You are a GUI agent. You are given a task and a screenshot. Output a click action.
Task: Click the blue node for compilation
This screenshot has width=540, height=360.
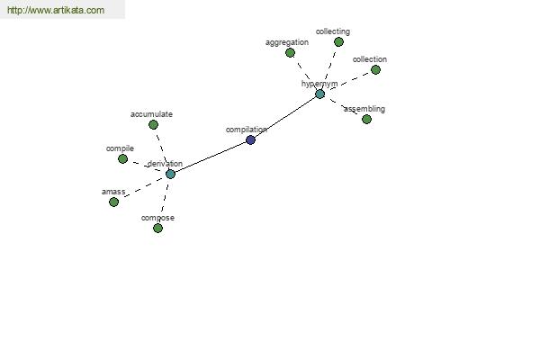251,139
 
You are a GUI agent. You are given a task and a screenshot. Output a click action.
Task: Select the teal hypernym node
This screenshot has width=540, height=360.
319,94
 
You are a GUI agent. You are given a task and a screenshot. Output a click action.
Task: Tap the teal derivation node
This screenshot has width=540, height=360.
170,174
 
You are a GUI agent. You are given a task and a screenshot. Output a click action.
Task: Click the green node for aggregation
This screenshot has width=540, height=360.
291,53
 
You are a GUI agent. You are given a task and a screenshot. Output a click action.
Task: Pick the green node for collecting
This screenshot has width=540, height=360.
339,42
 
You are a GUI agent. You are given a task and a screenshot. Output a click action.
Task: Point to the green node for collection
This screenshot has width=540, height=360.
375,70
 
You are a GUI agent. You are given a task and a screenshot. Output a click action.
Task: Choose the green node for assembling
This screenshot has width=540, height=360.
367,119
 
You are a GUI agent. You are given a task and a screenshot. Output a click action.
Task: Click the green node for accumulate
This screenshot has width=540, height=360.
154,125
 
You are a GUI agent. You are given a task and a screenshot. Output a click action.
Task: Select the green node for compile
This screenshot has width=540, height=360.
123,158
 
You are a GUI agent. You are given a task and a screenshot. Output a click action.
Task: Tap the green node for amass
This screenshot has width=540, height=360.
114,202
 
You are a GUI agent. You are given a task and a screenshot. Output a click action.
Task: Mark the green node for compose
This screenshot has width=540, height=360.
158,228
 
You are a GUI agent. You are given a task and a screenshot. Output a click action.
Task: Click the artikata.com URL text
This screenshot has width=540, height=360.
56,10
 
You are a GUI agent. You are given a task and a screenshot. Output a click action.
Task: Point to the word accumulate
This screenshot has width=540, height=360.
151,114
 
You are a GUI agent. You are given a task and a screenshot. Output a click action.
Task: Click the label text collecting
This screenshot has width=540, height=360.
333,31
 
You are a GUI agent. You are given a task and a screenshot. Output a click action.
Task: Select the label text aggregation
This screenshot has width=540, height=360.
287,42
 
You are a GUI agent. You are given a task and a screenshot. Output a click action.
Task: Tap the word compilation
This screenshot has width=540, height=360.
247,130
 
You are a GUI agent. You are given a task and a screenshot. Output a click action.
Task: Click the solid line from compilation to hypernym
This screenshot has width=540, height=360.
285,118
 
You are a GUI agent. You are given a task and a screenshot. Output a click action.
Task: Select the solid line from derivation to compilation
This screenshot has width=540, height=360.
211,157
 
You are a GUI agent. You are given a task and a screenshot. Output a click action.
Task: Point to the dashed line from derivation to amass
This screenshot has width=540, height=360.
143,188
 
